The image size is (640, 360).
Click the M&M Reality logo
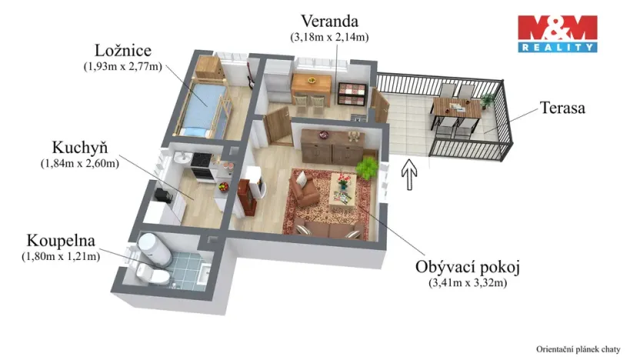557,33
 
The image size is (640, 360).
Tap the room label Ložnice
123,52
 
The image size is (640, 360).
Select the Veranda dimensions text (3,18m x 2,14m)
328,36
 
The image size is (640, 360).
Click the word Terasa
562,108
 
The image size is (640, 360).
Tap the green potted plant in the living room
368,167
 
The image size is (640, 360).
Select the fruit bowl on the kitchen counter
224,185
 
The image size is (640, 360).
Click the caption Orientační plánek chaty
578,348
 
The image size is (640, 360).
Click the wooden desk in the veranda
311,82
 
